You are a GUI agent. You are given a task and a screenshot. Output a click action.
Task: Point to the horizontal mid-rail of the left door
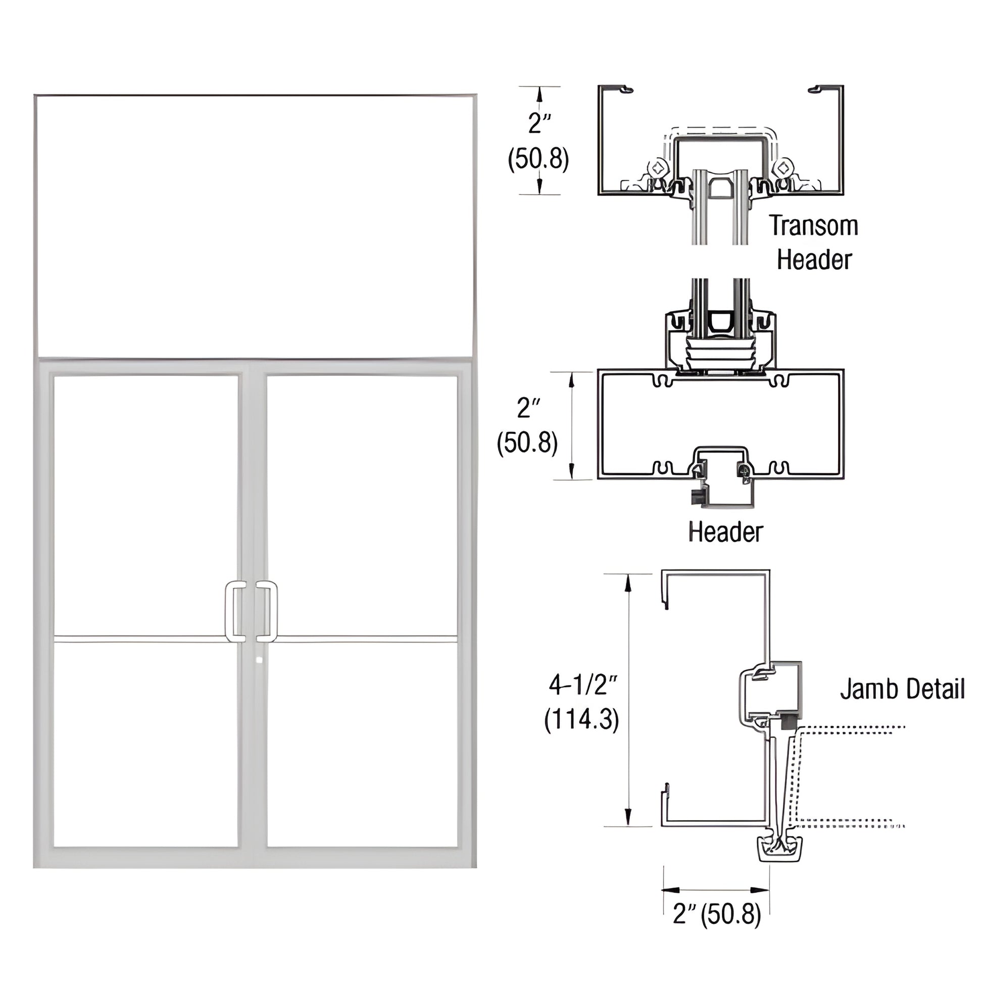tap(140, 638)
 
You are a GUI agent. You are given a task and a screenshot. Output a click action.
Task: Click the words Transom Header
tap(814, 242)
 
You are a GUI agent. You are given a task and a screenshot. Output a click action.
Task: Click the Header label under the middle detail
tap(725, 532)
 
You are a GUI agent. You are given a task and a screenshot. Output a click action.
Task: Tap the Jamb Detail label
tap(902, 689)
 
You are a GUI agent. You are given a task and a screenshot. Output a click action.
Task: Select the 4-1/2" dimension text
tap(582, 686)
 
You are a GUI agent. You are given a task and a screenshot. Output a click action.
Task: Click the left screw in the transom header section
tap(658, 167)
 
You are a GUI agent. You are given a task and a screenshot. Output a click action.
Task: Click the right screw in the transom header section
tap(783, 167)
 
